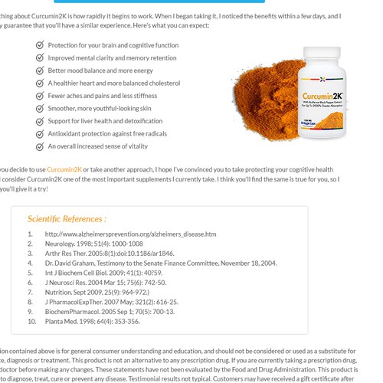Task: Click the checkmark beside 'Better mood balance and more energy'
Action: (40, 70)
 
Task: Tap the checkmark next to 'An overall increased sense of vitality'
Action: (40, 146)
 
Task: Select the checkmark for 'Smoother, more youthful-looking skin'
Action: (40, 108)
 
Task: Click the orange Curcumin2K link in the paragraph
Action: (64, 169)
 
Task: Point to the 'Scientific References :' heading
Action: (67, 218)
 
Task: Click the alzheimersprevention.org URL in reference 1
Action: (130, 234)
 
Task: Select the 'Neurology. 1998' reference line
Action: (93, 244)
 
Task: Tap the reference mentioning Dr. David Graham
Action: (161, 263)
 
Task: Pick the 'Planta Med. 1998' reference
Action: (92, 322)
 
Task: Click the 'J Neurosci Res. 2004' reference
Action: (105, 283)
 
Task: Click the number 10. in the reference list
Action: (31, 322)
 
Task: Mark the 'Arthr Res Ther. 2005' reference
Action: (110, 253)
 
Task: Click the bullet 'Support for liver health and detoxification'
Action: (105, 121)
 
